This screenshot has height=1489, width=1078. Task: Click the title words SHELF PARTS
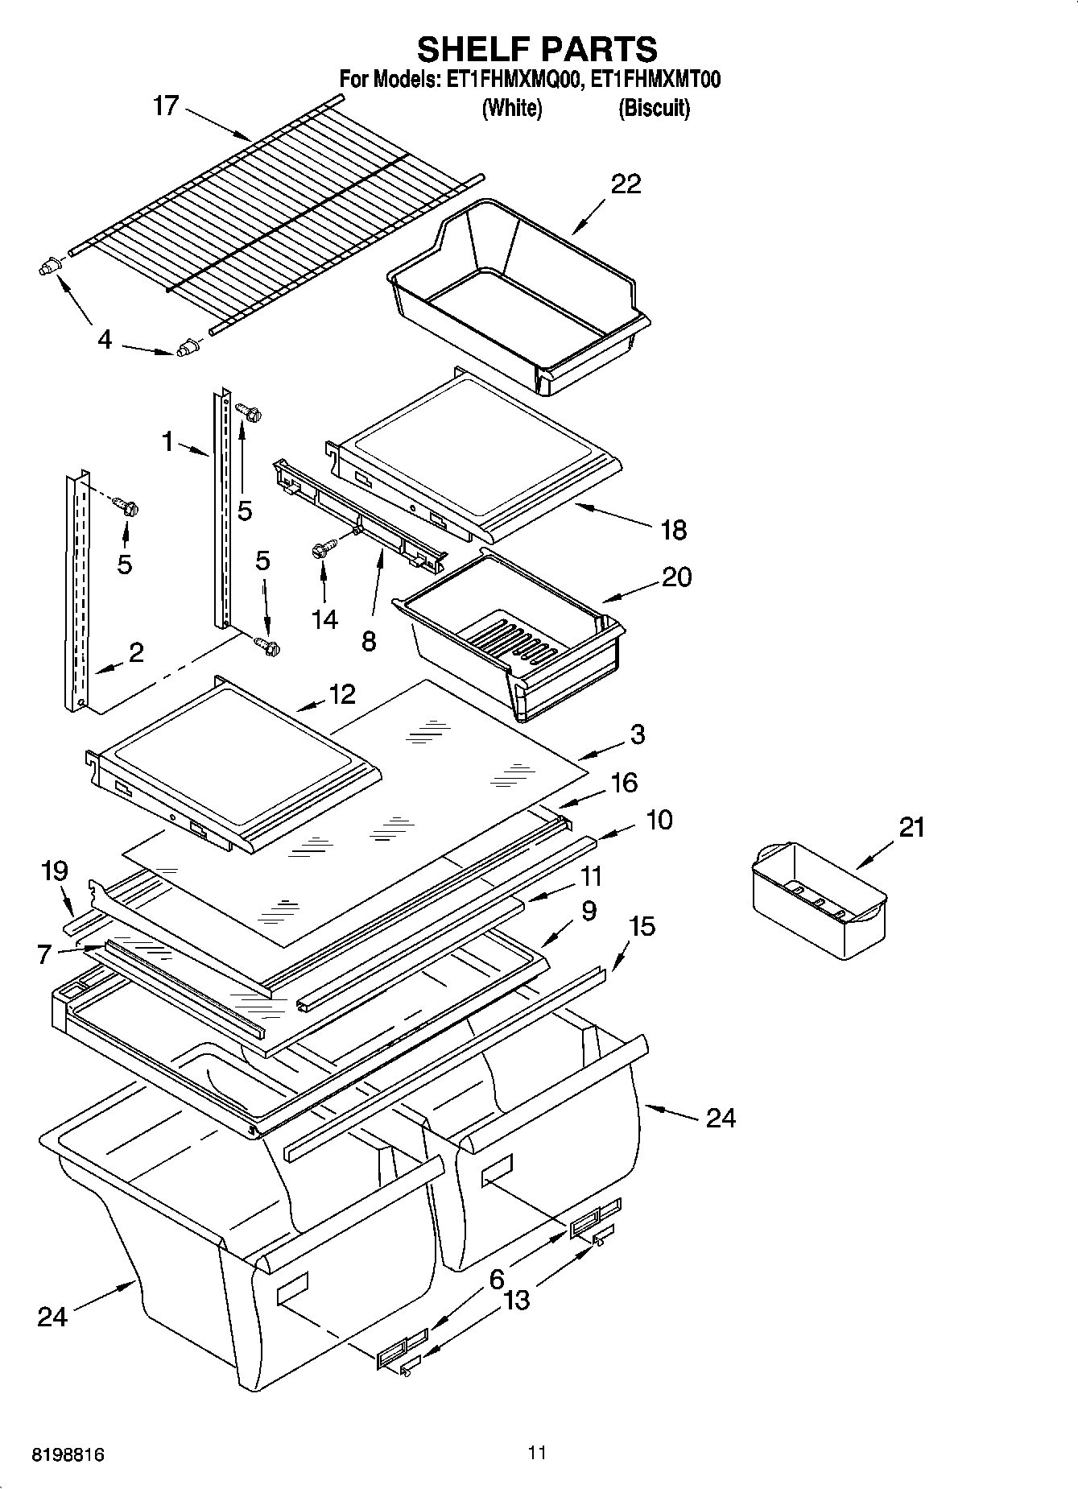click(x=537, y=49)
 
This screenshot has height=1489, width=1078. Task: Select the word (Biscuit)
click(x=654, y=109)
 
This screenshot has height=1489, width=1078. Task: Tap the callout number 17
click(x=165, y=106)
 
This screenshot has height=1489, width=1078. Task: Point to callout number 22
click(x=626, y=184)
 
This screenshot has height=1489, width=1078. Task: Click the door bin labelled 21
click(x=817, y=902)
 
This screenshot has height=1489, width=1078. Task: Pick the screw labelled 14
click(x=320, y=551)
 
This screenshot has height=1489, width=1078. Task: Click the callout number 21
click(x=911, y=827)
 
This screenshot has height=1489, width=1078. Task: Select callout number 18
click(x=673, y=530)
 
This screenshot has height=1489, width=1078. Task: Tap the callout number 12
click(x=342, y=694)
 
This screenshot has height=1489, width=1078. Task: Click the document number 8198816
click(x=68, y=1455)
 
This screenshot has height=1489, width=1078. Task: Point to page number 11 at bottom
click(x=537, y=1453)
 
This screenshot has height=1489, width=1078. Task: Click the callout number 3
click(x=637, y=734)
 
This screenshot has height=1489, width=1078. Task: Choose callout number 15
click(x=642, y=926)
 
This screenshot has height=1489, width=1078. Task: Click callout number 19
click(x=54, y=871)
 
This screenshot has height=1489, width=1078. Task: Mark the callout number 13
click(x=516, y=1301)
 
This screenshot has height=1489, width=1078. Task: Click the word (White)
click(x=511, y=109)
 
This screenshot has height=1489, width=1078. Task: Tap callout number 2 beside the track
click(x=136, y=652)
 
